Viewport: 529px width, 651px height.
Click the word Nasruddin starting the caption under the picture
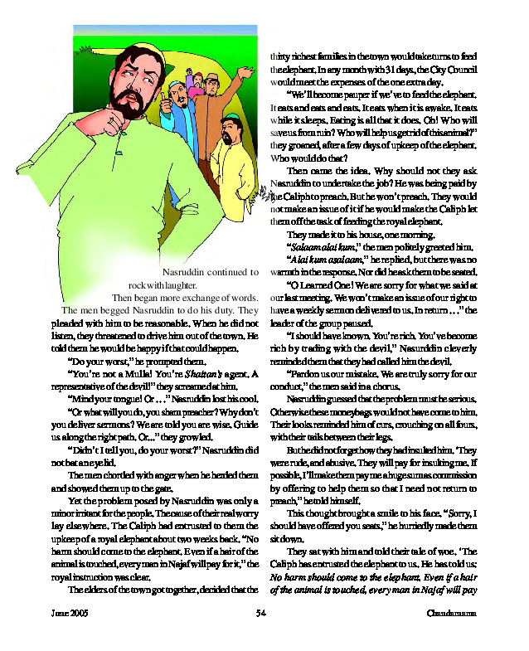[186, 272]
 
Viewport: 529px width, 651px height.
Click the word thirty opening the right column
[285, 56]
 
